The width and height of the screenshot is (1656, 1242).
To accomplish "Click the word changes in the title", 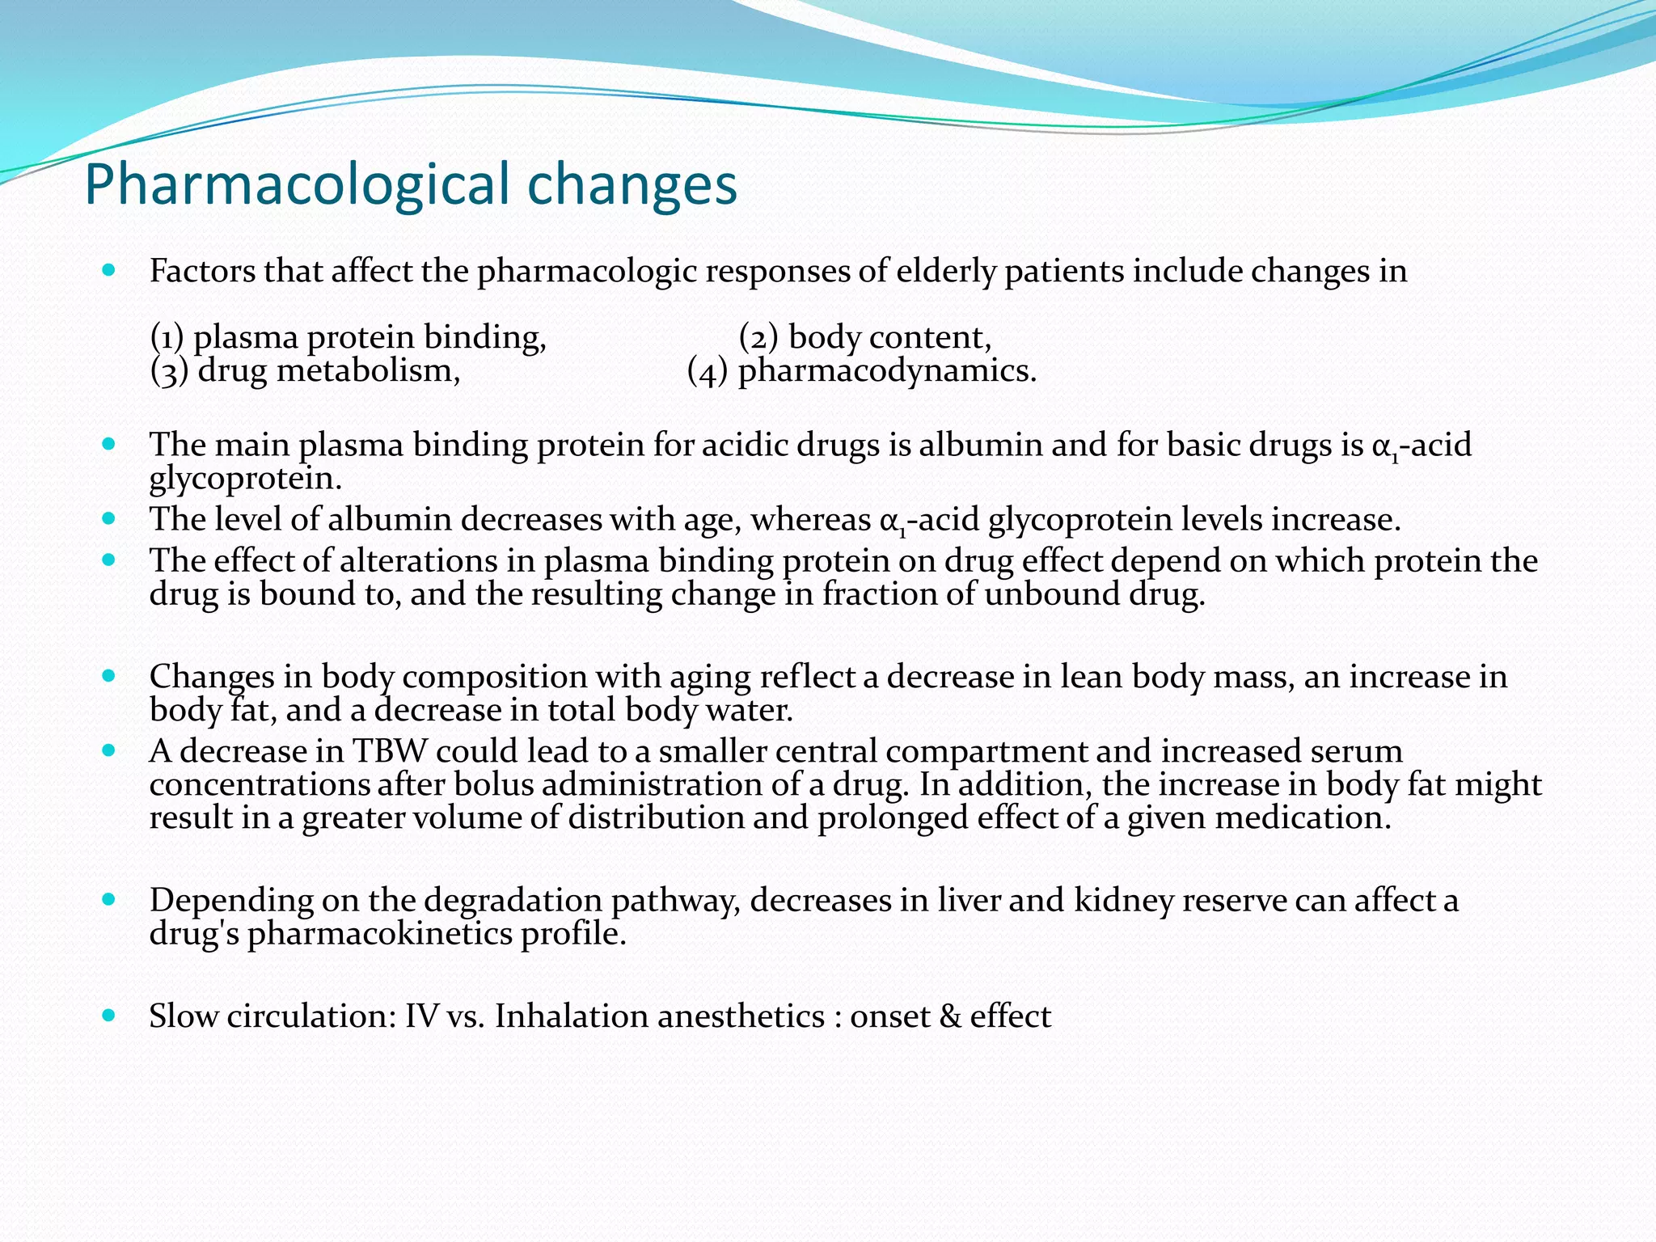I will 632,185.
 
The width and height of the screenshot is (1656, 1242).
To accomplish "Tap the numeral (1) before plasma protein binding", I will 167,337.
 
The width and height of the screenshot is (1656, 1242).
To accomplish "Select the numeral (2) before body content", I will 758,337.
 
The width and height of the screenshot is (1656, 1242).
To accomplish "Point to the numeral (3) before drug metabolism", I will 169,371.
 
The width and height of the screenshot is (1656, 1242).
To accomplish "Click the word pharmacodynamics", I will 887,371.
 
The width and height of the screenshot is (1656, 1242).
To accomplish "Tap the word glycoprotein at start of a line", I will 245,479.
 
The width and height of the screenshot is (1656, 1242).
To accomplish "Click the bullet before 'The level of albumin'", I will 110,517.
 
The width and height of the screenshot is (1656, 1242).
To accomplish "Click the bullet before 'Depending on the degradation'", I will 110,898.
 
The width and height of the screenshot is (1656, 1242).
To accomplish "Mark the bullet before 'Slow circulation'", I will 110,1015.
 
